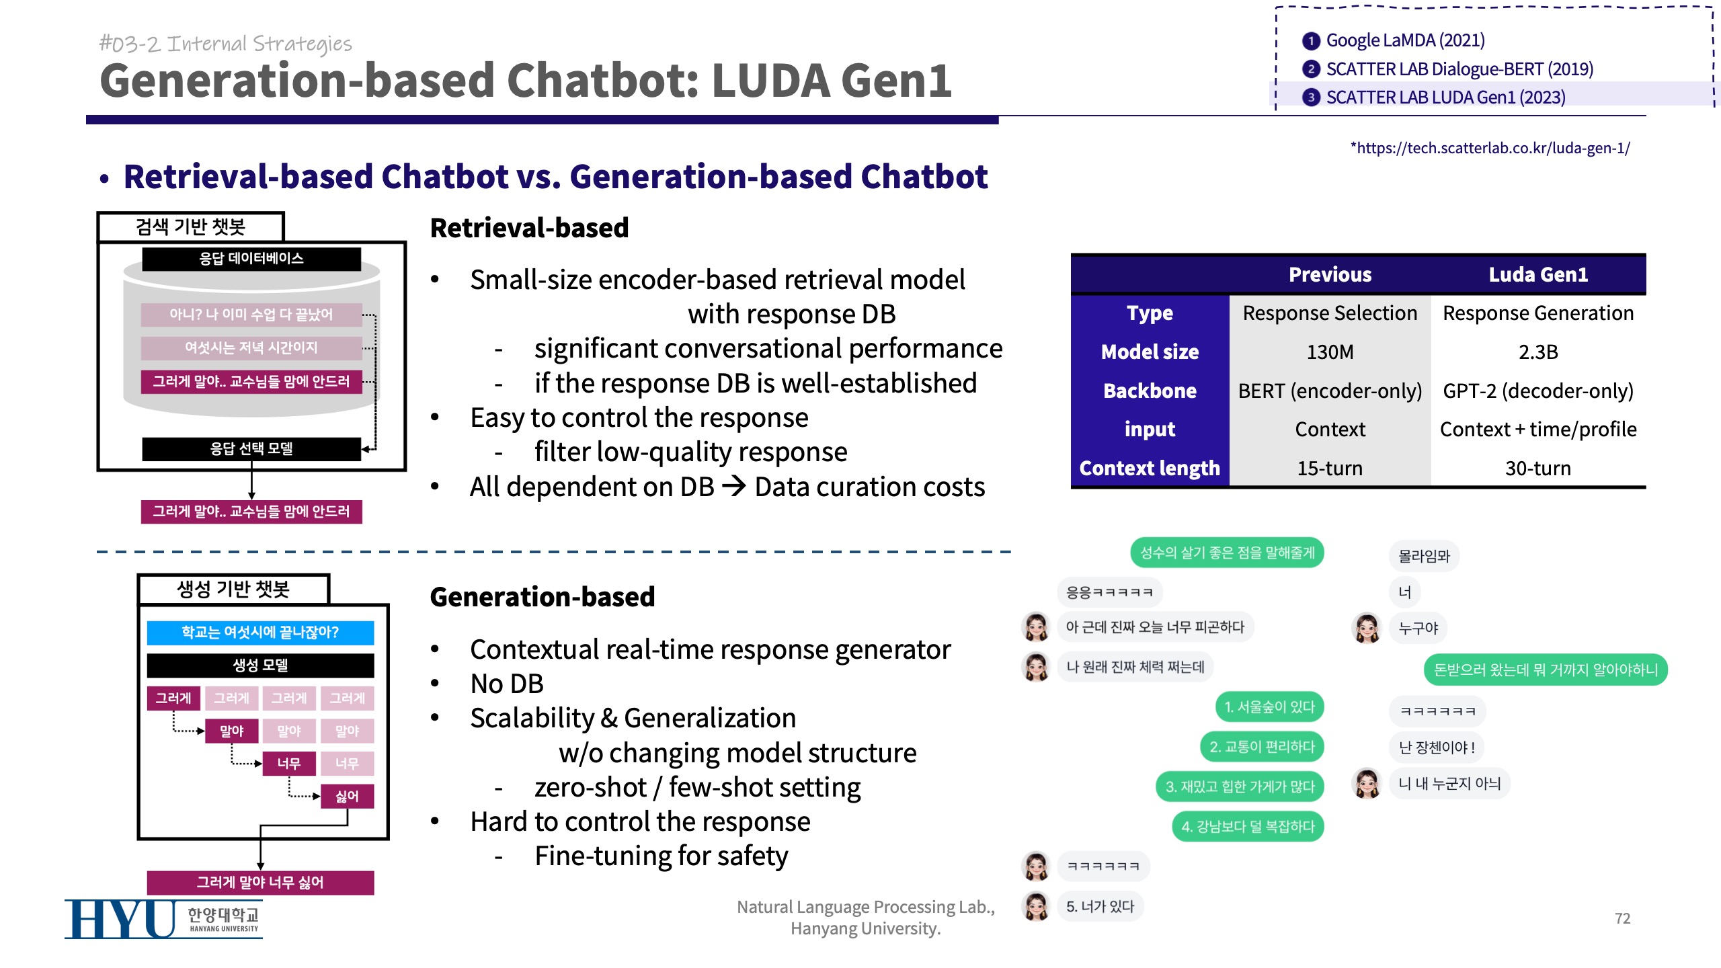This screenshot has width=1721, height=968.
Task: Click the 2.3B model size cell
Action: click(x=1537, y=352)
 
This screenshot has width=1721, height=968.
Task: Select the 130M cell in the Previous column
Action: click(x=1329, y=352)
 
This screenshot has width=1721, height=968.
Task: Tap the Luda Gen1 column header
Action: click(x=1537, y=274)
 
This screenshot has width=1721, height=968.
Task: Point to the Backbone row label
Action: click(x=1150, y=391)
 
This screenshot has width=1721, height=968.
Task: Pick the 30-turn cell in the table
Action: click(x=1537, y=468)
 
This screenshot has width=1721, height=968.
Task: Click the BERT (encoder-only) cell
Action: click(x=1329, y=391)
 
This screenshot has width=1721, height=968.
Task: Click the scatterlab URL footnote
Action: click(x=1490, y=148)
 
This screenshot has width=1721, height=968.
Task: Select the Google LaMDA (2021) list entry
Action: click(x=1405, y=40)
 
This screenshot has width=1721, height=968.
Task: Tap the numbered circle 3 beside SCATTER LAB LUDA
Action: click(x=1310, y=97)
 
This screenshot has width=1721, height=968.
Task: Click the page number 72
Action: click(x=1622, y=918)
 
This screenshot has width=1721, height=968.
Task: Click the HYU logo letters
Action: click(x=121, y=919)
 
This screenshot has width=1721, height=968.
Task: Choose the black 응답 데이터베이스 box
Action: click(x=251, y=258)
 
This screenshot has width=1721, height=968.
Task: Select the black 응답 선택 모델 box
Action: click(x=251, y=448)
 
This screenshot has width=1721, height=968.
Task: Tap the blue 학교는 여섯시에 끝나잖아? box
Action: click(x=260, y=632)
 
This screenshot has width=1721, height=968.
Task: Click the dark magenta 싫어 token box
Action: click(x=347, y=797)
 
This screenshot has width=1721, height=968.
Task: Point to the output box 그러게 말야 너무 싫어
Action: click(x=260, y=882)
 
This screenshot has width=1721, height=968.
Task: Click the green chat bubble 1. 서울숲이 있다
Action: click(x=1269, y=707)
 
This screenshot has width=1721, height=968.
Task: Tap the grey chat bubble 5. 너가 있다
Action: click(x=1100, y=906)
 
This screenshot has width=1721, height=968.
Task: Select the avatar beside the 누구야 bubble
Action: click(x=1367, y=629)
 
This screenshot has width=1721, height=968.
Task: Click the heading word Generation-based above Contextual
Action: click(x=542, y=597)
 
